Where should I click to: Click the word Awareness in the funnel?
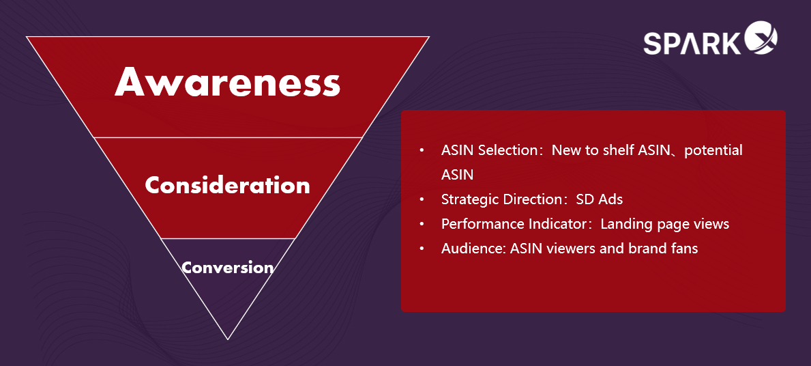(228, 82)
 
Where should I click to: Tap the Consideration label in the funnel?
(228, 185)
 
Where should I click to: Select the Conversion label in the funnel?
(228, 268)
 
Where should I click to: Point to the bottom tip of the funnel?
(228, 339)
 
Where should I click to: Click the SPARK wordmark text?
(692, 43)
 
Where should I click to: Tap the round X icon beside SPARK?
(761, 38)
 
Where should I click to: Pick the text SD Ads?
(600, 199)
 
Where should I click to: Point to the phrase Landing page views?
(664, 224)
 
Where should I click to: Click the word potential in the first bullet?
(713, 151)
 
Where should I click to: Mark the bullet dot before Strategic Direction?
(422, 199)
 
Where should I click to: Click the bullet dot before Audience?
(422, 249)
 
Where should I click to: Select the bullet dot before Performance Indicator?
(422, 224)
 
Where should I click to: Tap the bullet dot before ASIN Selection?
(422, 151)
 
